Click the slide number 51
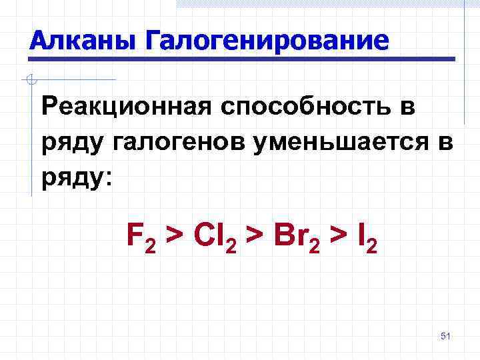tap(446, 336)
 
